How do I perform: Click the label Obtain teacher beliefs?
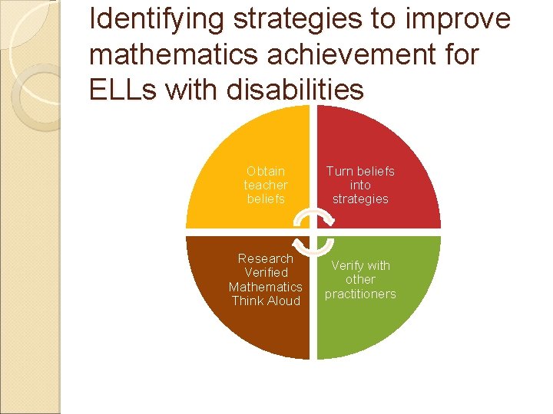266,185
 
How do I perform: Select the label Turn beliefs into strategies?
360,185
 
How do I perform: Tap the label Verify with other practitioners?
360,280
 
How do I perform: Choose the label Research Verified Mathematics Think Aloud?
266,280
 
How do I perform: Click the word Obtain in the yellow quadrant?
266,171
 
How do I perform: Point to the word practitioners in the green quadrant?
360,294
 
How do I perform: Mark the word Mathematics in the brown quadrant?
266,287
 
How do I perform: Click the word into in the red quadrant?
360,185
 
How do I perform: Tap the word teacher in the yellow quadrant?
266,185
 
